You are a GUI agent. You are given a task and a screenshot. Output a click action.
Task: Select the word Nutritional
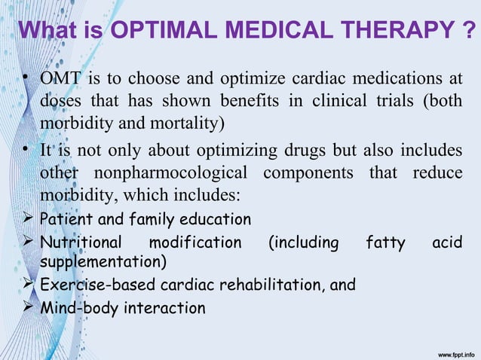click(80, 243)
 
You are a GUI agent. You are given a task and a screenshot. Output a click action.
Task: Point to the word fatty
click(384, 243)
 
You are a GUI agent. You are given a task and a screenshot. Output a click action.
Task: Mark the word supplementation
click(103, 262)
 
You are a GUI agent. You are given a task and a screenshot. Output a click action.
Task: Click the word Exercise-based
click(87, 285)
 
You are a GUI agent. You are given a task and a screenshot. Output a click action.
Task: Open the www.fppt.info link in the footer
click(449, 352)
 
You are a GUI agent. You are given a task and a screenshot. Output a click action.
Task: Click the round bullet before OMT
click(25, 80)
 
